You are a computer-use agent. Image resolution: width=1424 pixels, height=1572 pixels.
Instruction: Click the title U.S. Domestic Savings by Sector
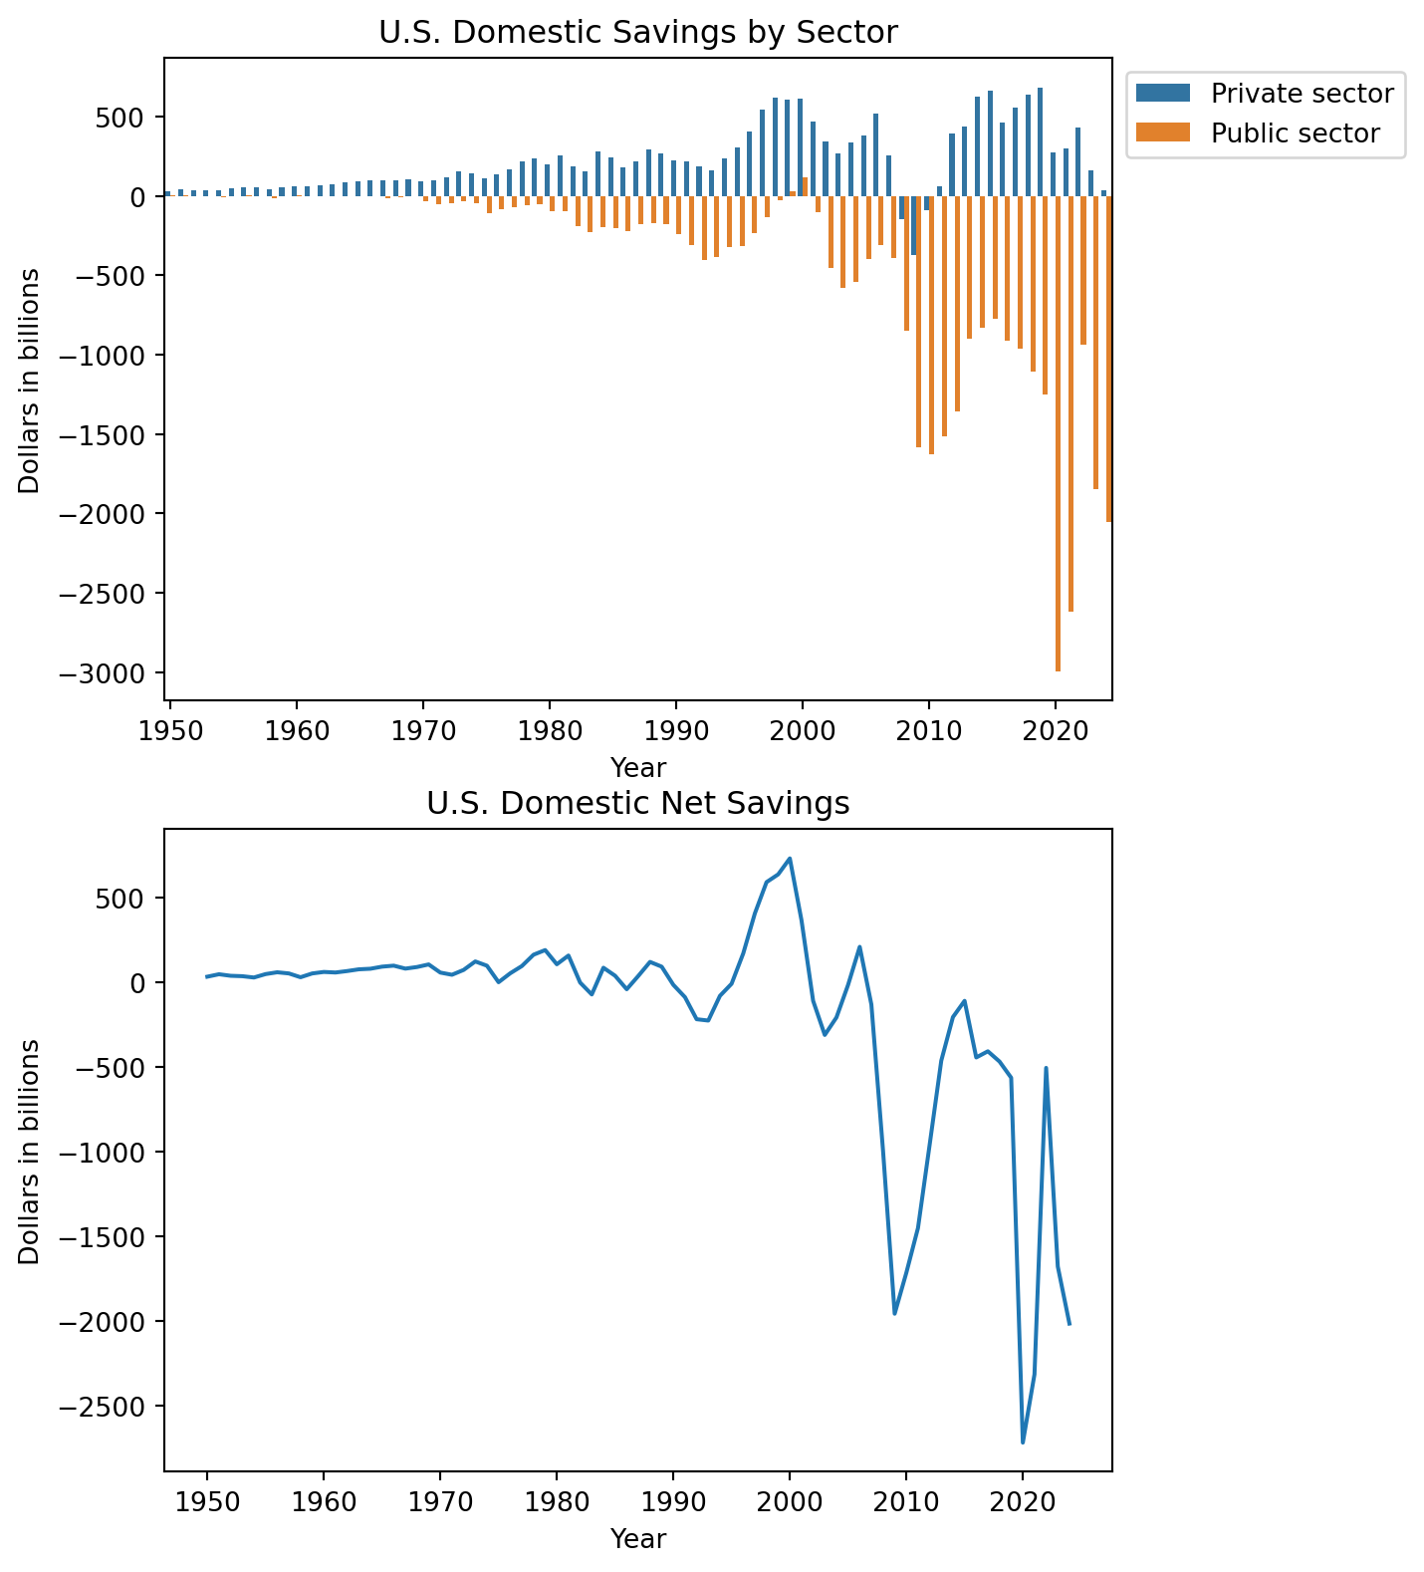(637, 33)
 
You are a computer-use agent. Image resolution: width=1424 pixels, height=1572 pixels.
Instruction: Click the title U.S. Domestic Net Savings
(637, 803)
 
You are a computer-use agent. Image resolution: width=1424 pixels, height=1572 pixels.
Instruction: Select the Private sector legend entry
(1301, 94)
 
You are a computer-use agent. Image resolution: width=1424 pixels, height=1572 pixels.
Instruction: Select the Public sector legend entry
(1295, 133)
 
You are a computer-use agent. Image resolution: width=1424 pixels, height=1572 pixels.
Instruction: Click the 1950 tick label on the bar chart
(170, 729)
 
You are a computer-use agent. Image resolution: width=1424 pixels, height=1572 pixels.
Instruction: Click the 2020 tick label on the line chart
(1022, 1500)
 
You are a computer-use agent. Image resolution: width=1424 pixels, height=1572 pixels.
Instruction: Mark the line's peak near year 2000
(790, 858)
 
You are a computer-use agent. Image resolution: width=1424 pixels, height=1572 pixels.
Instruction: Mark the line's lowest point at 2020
(1023, 1442)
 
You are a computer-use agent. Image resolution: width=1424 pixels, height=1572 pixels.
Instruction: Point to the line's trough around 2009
(894, 1313)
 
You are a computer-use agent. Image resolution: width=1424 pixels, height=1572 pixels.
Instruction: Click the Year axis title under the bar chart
(637, 768)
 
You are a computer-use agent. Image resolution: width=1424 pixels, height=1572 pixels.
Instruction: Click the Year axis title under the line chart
(637, 1539)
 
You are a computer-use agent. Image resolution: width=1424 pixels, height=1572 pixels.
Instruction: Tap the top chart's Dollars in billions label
(30, 381)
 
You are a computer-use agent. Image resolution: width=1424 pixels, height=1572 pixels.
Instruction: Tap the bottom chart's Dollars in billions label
(30, 1152)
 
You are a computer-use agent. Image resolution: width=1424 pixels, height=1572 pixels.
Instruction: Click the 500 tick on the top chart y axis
(127, 118)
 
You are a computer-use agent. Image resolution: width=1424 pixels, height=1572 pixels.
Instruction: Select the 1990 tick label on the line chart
(673, 1500)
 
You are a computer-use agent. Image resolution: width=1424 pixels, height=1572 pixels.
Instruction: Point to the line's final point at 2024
(1069, 1324)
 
